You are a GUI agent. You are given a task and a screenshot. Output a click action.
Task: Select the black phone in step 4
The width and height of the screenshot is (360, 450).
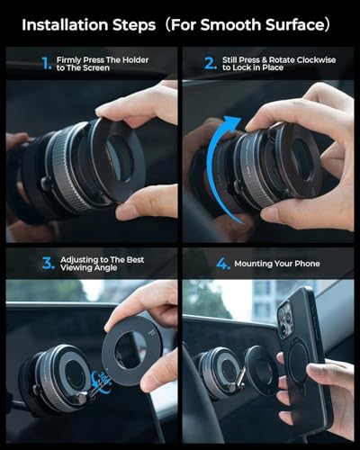(303, 360)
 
